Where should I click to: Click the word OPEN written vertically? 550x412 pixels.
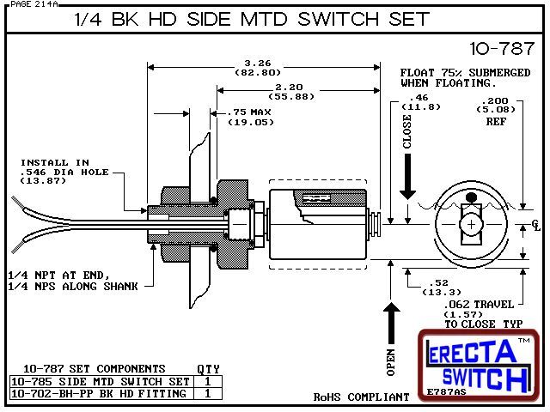tap(390, 362)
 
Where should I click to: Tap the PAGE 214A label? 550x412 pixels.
tap(31, 4)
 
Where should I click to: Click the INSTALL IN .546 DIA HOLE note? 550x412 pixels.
tap(64, 172)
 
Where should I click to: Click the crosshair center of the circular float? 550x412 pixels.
tap(472, 225)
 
